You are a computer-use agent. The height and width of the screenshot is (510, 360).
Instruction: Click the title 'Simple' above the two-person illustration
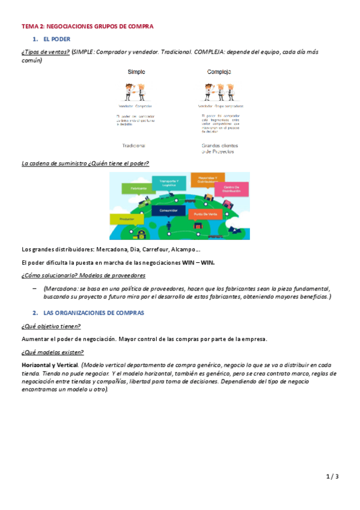pyautogui.click(x=136, y=72)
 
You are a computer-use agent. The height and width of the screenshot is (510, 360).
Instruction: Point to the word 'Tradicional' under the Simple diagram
pyautogui.click(x=133, y=146)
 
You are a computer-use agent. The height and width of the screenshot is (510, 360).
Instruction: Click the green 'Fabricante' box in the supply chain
pyautogui.click(x=134, y=188)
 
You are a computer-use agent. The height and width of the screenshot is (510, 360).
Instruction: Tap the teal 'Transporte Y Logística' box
pyautogui.click(x=168, y=182)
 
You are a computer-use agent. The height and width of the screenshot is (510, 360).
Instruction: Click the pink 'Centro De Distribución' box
pyautogui.click(x=231, y=190)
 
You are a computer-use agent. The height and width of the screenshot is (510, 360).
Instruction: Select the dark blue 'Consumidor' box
pyautogui.click(x=164, y=211)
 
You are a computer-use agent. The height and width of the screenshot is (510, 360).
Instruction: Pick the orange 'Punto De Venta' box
pyautogui.click(x=203, y=214)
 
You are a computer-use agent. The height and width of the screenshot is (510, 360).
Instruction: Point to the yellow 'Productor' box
pyautogui.click(x=127, y=220)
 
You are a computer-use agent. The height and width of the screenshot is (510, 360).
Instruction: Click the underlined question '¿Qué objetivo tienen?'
pyautogui.click(x=50, y=326)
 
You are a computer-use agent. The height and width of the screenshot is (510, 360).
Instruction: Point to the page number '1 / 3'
pyautogui.click(x=332, y=477)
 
